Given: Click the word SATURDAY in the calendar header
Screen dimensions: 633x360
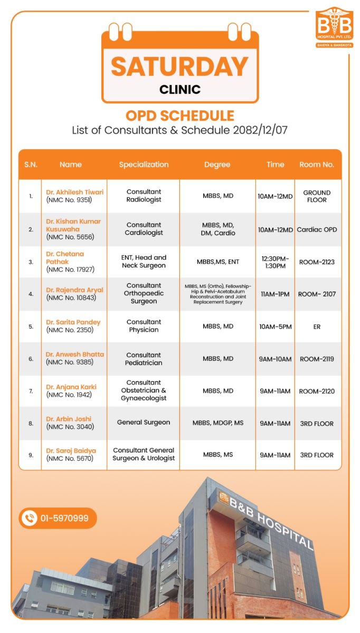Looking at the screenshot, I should (x=179, y=66).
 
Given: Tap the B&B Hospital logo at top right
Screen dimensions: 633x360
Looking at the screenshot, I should (x=334, y=27).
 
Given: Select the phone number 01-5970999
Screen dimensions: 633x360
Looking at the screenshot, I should (x=64, y=518).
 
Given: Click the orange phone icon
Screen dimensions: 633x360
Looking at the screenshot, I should (x=29, y=518).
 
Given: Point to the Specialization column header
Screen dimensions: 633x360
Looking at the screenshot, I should (x=144, y=165).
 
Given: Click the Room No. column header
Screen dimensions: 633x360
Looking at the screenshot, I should (x=316, y=165).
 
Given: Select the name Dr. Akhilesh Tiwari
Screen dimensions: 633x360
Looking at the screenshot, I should (x=74, y=192).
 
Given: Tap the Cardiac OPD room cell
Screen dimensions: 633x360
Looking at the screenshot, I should (x=317, y=229).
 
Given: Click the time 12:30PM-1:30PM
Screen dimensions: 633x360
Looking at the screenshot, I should (x=274, y=262).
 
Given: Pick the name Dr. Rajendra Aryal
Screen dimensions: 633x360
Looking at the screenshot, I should (x=74, y=290).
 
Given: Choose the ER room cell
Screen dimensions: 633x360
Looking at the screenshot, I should (x=317, y=327).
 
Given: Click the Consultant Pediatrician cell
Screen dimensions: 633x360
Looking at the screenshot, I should (x=144, y=359).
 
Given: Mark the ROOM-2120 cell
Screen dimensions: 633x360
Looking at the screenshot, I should (x=317, y=391).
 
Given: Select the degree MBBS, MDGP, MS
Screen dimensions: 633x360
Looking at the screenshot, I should (x=217, y=423).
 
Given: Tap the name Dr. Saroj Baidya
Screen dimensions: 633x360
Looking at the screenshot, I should (x=71, y=451).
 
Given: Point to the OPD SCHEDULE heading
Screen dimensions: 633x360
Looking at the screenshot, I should (x=179, y=116).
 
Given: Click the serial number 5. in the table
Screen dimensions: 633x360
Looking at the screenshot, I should (x=31, y=327).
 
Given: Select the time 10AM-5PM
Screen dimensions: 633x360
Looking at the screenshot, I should (x=275, y=327).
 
